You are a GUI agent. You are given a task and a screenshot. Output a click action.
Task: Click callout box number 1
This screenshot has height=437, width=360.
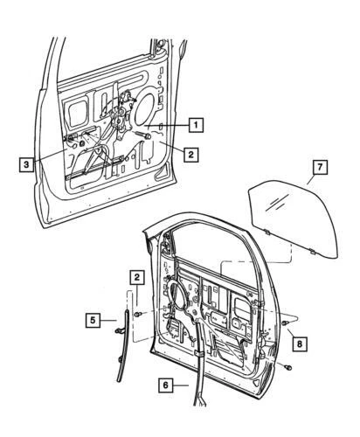pyautogui.click(x=197, y=124)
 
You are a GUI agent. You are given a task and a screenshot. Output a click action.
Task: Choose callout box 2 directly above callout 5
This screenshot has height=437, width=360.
pyautogui.click(x=136, y=277)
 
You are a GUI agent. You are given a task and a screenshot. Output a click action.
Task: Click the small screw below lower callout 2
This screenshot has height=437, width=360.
pyautogui.click(x=140, y=311)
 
